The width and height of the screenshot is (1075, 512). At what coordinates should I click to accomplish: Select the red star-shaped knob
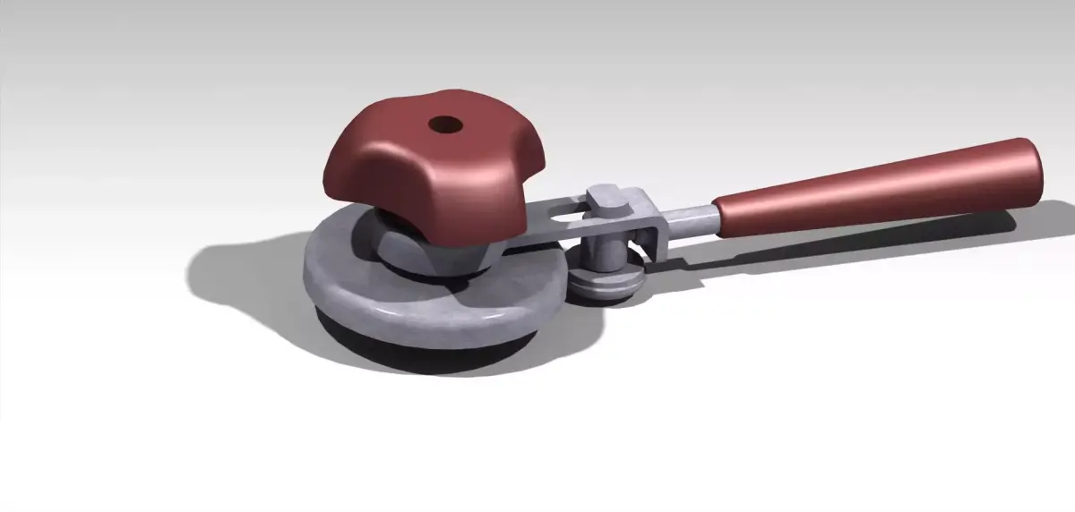421,170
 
